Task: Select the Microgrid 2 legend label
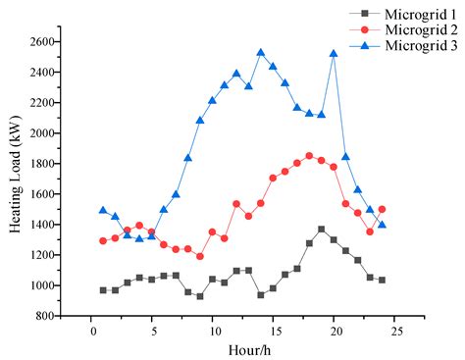(411, 29)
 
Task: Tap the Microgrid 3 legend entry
(411, 45)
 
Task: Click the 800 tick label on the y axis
(47, 316)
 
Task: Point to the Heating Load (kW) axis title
(16, 179)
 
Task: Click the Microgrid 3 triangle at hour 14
(261, 53)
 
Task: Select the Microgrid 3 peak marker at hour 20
(334, 54)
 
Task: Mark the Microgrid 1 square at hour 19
(321, 229)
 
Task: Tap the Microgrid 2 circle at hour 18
(309, 155)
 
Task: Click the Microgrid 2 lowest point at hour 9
(200, 256)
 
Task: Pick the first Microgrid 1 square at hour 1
(103, 289)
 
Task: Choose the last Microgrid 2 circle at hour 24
(382, 209)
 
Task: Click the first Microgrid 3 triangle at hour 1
(103, 210)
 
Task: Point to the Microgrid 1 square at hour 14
(261, 294)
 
